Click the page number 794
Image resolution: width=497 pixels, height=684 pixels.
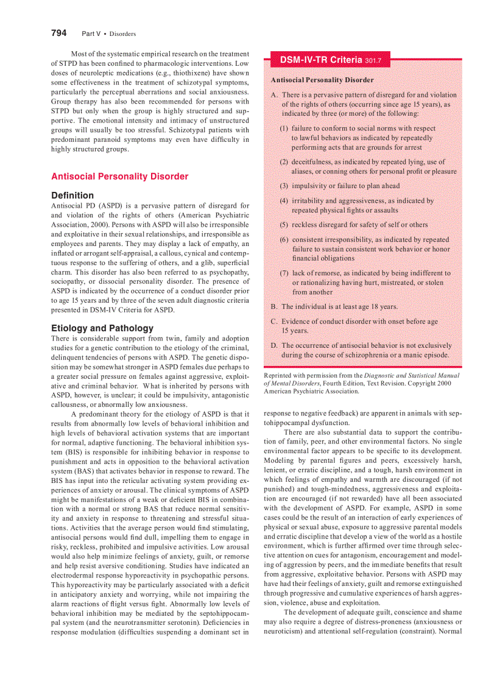58,33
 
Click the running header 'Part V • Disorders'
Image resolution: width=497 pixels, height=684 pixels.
108,33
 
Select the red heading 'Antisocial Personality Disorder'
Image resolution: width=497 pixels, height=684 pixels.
119,177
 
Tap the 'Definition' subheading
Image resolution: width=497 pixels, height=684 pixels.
72,196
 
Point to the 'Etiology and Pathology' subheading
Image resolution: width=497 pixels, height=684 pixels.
102,328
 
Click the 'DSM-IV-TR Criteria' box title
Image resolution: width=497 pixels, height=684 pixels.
321,60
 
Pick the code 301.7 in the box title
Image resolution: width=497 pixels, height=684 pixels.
373,61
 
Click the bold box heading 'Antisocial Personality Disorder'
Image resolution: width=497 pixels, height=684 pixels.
322,80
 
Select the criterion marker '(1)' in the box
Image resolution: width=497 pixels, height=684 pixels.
284,129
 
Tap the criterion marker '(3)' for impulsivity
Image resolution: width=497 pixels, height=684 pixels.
284,186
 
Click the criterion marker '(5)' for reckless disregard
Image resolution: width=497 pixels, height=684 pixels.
284,225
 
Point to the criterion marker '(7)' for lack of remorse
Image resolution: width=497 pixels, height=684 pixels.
284,273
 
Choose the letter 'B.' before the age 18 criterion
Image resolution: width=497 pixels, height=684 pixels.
275,307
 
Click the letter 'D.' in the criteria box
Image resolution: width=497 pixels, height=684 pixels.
275,345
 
